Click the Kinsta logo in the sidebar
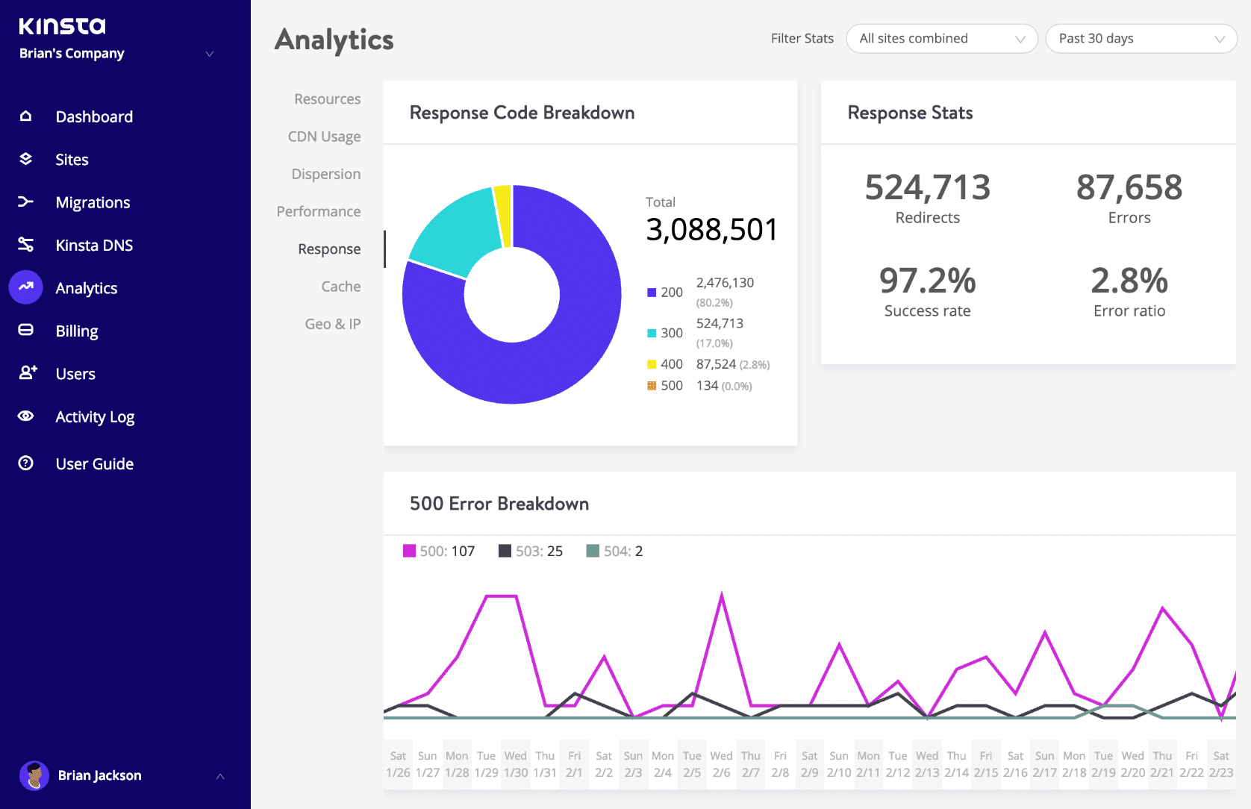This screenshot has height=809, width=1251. click(62, 26)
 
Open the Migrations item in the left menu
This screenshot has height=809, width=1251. click(93, 202)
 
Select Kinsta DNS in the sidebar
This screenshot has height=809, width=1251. click(94, 246)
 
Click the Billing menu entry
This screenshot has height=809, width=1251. click(77, 331)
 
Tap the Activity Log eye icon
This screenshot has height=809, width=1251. click(26, 416)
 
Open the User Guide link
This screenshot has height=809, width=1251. click(94, 463)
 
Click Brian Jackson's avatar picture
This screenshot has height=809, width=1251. click(34, 775)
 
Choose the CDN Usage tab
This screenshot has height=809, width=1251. click(324, 137)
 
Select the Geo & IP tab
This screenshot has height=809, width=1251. click(332, 324)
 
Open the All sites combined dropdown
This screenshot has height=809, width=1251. click(941, 39)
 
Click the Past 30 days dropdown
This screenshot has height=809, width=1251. click(1141, 39)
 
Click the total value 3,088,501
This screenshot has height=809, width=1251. click(711, 230)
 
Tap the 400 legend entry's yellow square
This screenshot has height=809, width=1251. click(652, 364)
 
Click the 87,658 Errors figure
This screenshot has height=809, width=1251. click(1129, 187)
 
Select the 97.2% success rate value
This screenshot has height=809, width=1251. click(927, 281)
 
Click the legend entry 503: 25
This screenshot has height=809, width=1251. click(531, 551)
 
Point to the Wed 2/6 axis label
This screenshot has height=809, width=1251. click(721, 763)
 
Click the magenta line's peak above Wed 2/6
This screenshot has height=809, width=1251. click(721, 595)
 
